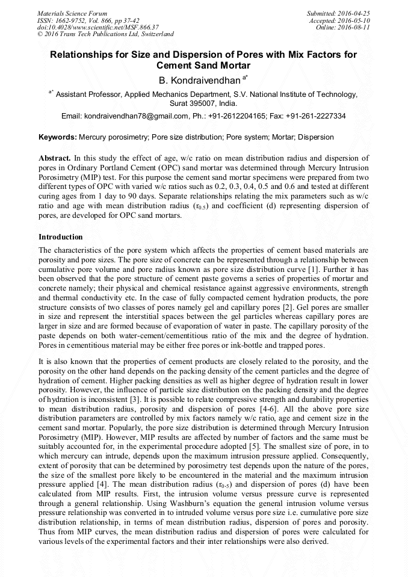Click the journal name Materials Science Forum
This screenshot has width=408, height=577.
click(x=72, y=13)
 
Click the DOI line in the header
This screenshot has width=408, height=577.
click(x=98, y=27)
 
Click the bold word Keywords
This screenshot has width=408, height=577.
click(x=58, y=137)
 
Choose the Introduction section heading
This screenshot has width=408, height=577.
click(x=61, y=237)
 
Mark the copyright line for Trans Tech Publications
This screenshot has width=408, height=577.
click(x=106, y=34)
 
